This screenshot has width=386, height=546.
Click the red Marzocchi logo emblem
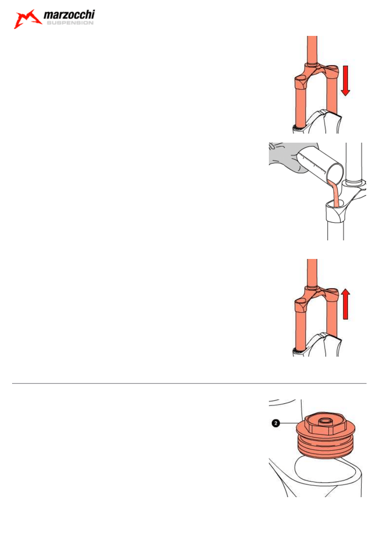click(x=27, y=19)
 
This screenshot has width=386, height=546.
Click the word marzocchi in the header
click(x=69, y=15)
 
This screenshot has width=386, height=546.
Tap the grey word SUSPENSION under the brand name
click(x=70, y=23)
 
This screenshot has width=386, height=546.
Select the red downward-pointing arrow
click(x=345, y=81)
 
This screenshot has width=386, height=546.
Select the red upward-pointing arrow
click(x=345, y=304)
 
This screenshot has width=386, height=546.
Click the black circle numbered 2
click(x=276, y=423)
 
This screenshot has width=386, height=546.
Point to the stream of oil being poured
click(x=334, y=194)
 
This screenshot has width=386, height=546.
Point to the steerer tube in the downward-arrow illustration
click(x=312, y=50)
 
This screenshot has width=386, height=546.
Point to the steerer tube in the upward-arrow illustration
click(x=312, y=273)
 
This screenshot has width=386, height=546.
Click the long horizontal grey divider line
click(x=189, y=383)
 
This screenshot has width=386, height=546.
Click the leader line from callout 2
click(x=288, y=423)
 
